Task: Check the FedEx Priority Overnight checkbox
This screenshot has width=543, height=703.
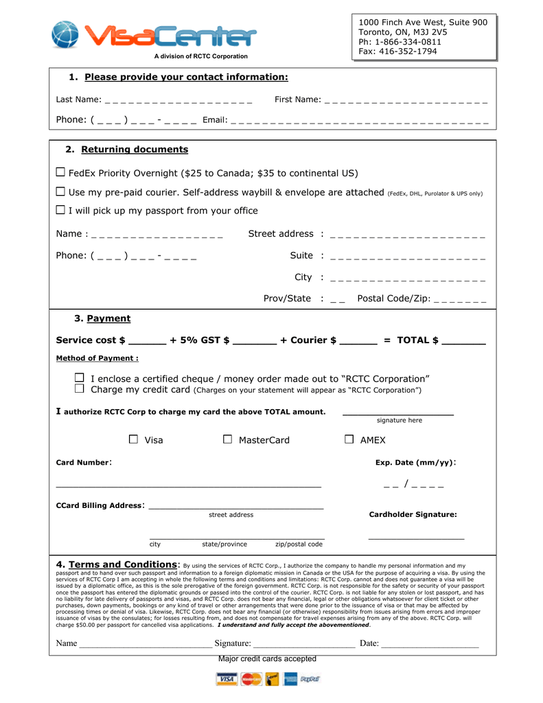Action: coord(60,172)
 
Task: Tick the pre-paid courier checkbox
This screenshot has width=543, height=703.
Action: coord(60,192)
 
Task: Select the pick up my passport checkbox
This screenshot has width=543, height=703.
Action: coord(60,210)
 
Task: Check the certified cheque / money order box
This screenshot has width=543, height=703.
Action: coord(80,378)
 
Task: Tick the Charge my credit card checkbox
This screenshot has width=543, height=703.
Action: coord(80,389)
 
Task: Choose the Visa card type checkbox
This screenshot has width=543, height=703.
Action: coord(134,439)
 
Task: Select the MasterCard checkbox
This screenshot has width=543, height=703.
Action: coord(228,439)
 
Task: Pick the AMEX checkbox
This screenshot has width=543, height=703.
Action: coord(349,439)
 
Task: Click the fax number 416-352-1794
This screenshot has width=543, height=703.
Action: coord(407,51)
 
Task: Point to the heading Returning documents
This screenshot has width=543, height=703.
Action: coord(135,150)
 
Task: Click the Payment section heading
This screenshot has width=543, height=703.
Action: coord(108,319)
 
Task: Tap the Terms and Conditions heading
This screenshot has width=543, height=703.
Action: coord(124,564)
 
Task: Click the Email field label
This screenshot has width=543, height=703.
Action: coord(215,120)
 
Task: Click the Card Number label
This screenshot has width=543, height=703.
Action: coord(82,463)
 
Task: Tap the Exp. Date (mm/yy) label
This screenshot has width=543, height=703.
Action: coord(415,463)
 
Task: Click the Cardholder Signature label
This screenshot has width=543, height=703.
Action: coord(413,514)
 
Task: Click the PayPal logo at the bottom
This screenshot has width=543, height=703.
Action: coord(310,679)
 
